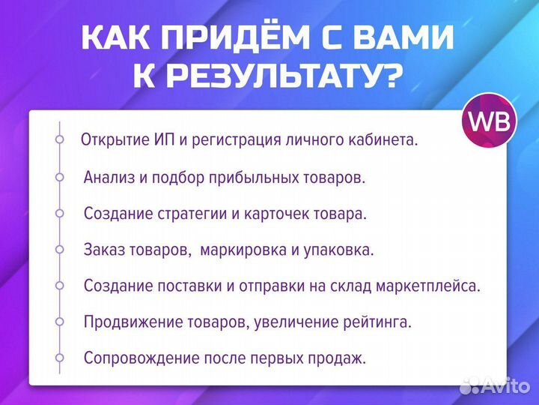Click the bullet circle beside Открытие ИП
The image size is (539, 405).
click(x=59, y=140)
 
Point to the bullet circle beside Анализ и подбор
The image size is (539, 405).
click(x=59, y=177)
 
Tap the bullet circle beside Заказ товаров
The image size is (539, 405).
click(x=59, y=249)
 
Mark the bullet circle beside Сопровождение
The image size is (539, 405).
click(x=59, y=357)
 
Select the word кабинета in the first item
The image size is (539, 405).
click(x=385, y=140)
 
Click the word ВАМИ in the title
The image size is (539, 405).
click(x=412, y=39)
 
